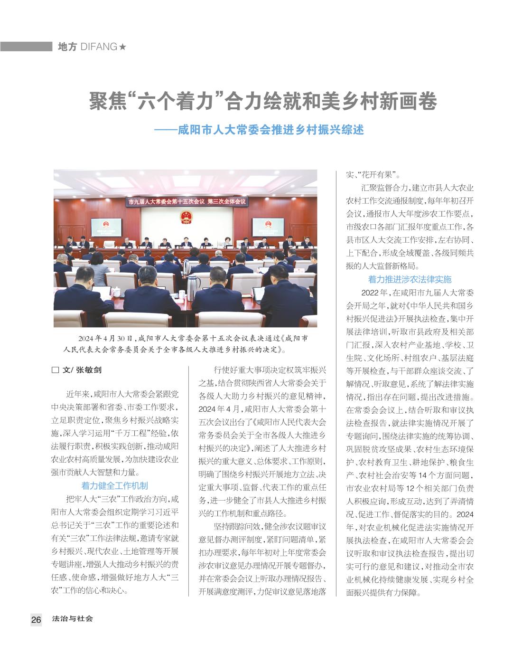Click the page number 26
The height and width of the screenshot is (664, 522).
pos(36,619)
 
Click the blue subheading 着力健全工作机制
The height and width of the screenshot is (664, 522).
pos(114,485)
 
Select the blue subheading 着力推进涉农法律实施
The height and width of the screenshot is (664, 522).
pos(410,279)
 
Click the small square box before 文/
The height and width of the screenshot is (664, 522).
pos(55,370)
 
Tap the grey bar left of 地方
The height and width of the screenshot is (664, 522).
pos(26,47)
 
